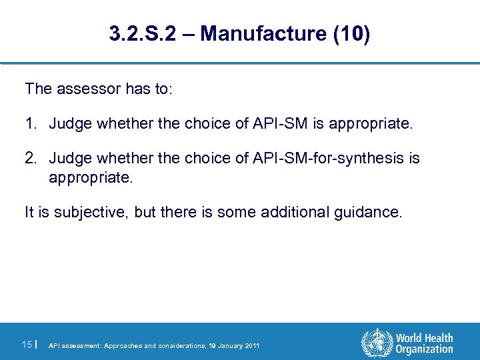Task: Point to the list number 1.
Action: [x=31, y=123]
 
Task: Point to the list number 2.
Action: [x=31, y=158]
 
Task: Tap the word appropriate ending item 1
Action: [x=373, y=123]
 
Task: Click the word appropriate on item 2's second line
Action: [x=91, y=178]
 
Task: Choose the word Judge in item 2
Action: [x=70, y=158]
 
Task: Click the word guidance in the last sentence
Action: [x=373, y=213]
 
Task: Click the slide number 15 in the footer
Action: [x=27, y=344]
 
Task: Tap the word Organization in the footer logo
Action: [x=424, y=349]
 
